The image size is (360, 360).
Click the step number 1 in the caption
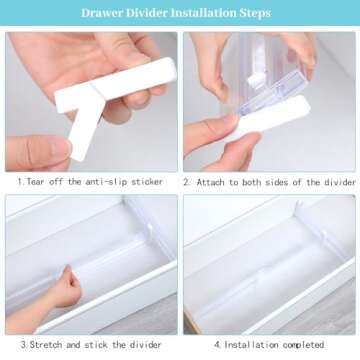[x=21, y=182]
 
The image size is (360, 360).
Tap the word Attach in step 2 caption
[x=215, y=182]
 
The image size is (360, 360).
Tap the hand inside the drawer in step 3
[x=66, y=289]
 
